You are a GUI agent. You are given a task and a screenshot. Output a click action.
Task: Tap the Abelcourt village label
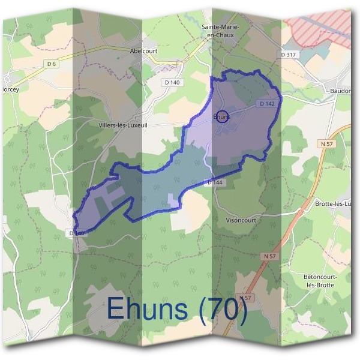pos(143,51)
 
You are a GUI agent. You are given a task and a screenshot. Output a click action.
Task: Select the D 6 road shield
pos(51,64)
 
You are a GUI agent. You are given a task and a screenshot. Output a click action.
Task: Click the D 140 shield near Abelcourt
pos(171,82)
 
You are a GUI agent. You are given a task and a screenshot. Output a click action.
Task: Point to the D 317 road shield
pos(288,55)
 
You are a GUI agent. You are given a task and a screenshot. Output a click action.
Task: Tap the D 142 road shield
pos(268,104)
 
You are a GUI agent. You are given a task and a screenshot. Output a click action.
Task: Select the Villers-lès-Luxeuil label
pos(122,125)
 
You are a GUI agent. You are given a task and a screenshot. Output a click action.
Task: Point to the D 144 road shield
pos(217,181)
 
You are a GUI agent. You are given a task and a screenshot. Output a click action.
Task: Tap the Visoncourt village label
pos(241,220)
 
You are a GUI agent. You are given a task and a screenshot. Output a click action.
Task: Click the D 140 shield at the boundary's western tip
pos(76,233)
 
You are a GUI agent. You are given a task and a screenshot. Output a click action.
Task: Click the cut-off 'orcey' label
pos(10,88)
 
